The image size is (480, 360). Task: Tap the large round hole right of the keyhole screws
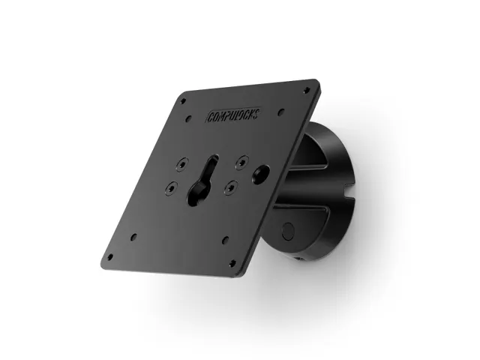[x=262, y=172]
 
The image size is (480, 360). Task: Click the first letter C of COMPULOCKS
[x=208, y=120]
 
